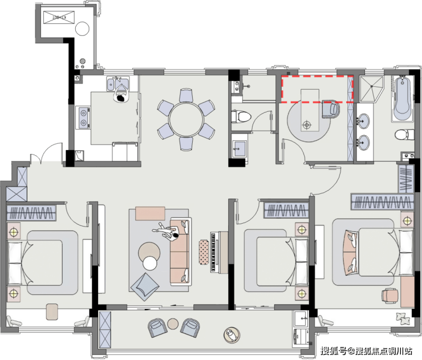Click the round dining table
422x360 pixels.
point(186,119)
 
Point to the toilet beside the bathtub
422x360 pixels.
point(405,135)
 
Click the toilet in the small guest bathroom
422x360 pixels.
point(241,116)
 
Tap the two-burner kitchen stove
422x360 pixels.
point(84,118)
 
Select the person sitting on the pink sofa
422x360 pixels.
point(168,231)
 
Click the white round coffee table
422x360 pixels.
point(149,263)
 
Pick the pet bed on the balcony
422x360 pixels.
point(232,335)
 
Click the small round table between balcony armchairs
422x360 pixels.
point(173,324)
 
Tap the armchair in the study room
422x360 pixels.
point(331,110)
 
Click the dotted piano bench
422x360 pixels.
point(204,252)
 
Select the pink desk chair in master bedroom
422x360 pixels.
point(389,295)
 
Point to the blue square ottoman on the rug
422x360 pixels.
point(144,287)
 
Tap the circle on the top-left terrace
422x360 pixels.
point(82,29)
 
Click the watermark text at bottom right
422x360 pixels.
point(366,351)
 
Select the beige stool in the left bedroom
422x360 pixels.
point(52,312)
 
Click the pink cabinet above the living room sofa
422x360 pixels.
point(150,213)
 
